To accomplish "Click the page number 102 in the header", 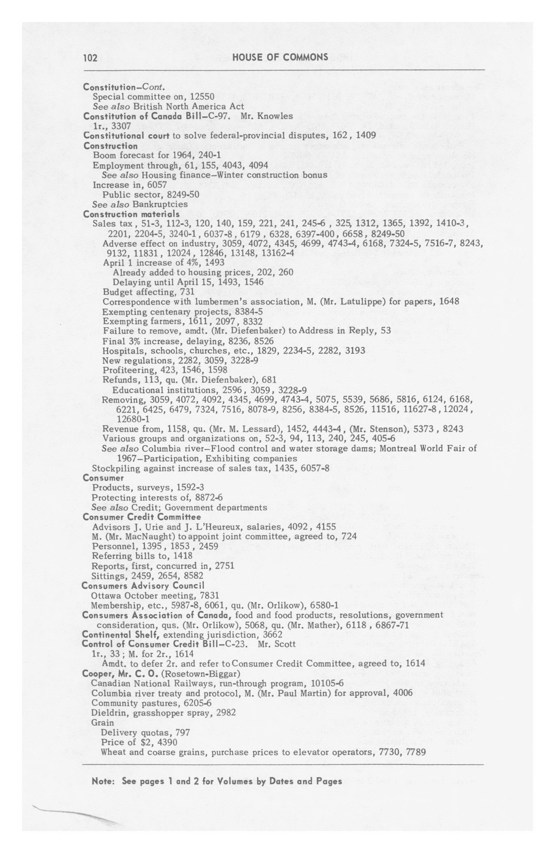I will point(90,58).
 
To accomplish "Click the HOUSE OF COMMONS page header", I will point(280,57).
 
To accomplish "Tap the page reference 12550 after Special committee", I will point(202,97).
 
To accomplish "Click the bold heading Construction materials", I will point(131,214).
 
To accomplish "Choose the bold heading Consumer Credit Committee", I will point(141,517).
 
